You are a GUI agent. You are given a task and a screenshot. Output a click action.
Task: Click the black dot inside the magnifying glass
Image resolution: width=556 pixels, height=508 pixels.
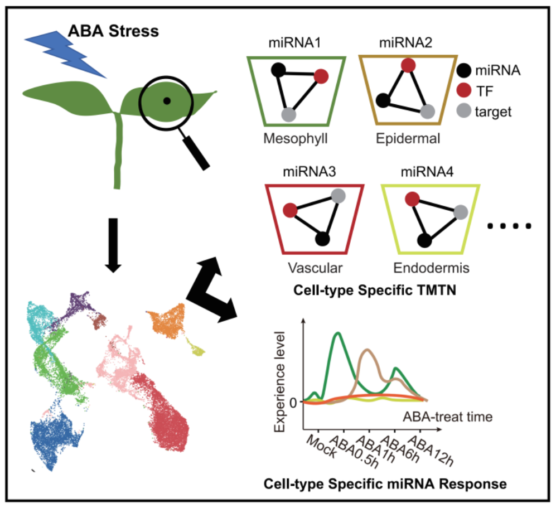pos(166,100)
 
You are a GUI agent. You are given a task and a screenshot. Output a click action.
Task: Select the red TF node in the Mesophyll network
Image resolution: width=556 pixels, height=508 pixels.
pos(322,76)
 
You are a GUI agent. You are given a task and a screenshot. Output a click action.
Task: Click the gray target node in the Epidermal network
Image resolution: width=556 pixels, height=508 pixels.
pos(428,110)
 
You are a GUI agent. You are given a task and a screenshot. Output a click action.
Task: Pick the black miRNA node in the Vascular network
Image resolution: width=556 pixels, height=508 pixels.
pos(321,239)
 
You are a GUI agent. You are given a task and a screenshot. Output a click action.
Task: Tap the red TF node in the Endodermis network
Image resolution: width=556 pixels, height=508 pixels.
pos(413,198)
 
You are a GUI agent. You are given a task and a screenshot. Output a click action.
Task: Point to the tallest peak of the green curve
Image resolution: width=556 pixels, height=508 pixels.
pos(337,333)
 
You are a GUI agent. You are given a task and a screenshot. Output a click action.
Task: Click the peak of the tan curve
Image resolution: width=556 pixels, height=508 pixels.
pos(366,350)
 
